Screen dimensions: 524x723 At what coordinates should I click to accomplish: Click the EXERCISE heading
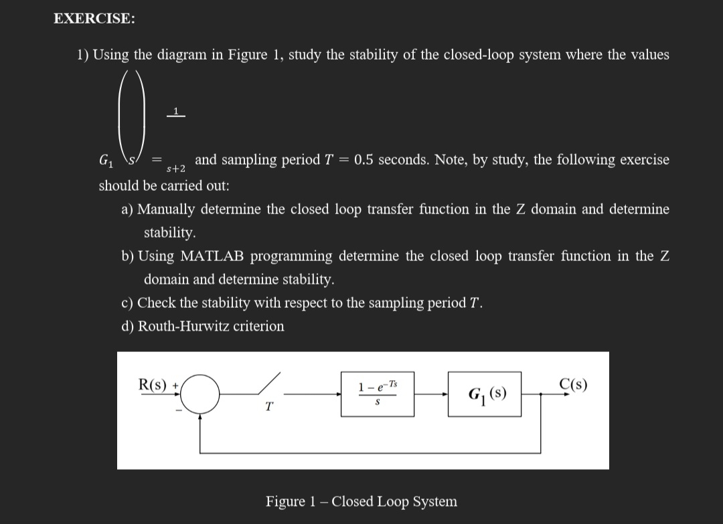pos(93,19)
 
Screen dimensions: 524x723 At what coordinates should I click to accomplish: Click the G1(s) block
pos(485,394)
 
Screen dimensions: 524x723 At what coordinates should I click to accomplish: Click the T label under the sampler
pos(269,407)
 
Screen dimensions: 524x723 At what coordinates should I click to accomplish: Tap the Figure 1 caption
pos(361,501)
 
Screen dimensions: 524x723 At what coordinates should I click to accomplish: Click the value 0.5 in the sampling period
pos(366,159)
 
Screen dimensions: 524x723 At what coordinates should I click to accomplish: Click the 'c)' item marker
pos(128,302)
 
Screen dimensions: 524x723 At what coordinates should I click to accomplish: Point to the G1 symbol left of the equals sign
pos(105,161)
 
